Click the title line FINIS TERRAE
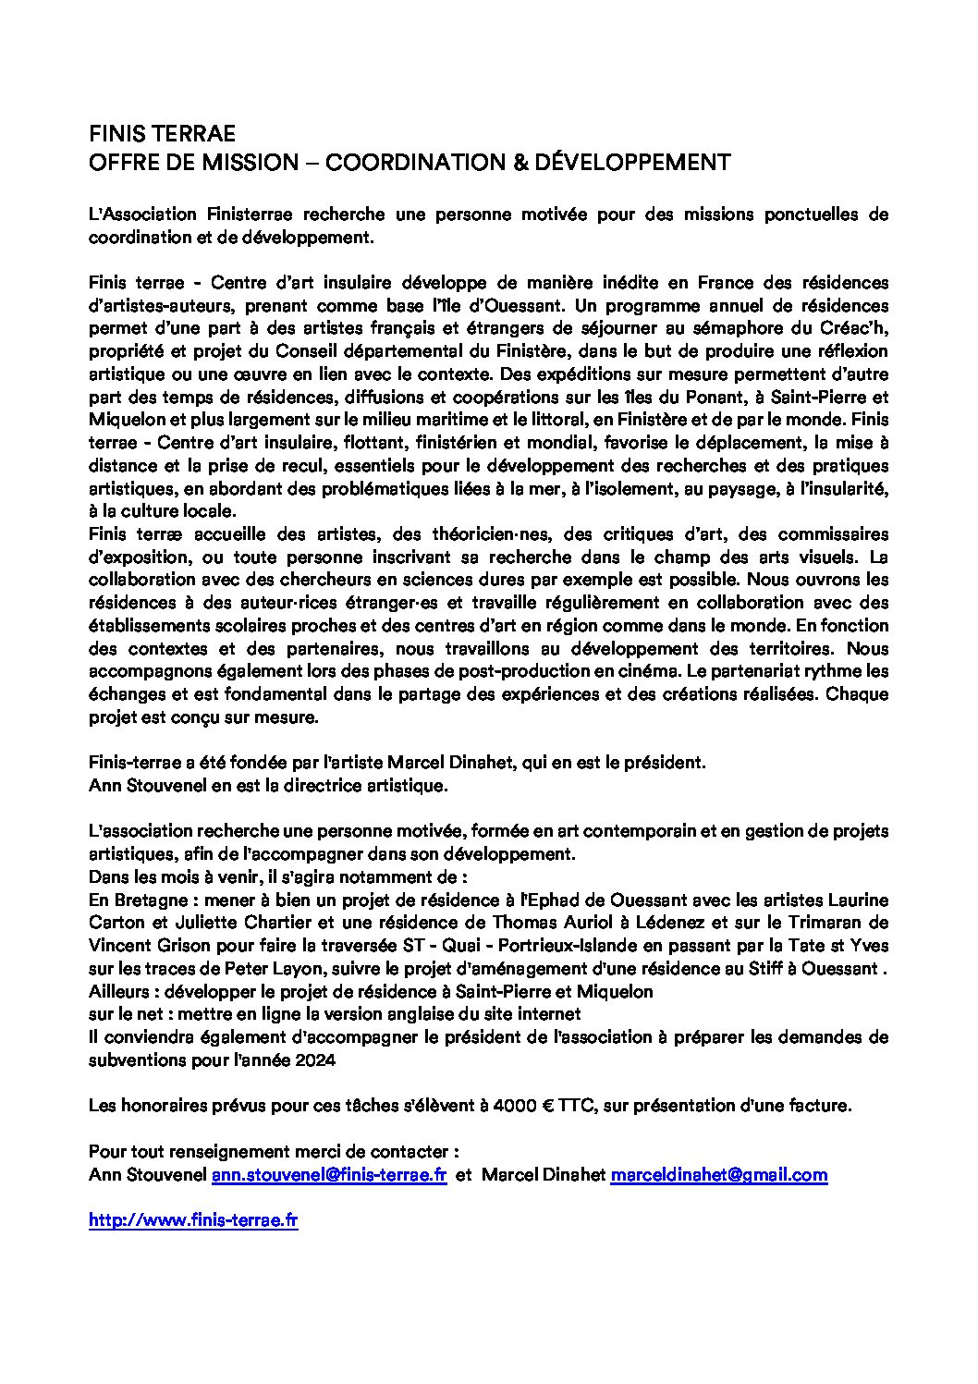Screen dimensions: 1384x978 [162, 132]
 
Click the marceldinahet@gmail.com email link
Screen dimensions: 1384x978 [718, 1175]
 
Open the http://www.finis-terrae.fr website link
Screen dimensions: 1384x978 [193, 1220]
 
